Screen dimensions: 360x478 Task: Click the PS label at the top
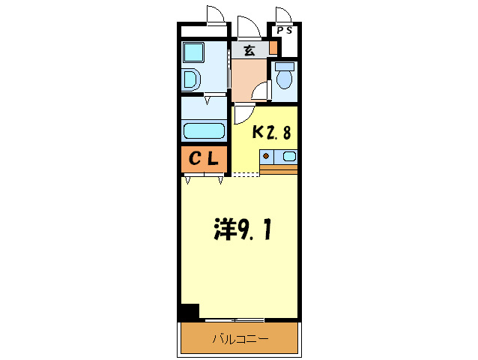point(285,30)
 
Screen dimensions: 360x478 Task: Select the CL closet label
point(203,159)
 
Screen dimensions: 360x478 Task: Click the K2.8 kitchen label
point(271,133)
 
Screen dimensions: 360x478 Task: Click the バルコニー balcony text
point(240,339)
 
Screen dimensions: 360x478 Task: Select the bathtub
point(204,130)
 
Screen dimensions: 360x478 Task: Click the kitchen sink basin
point(289,157)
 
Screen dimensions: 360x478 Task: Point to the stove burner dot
point(265,157)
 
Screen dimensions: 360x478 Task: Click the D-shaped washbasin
point(191,80)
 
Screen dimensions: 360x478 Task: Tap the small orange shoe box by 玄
point(273,48)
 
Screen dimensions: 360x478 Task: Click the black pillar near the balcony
point(189,312)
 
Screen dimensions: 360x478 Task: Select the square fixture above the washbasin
point(193,52)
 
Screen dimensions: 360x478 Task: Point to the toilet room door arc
point(261,91)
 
